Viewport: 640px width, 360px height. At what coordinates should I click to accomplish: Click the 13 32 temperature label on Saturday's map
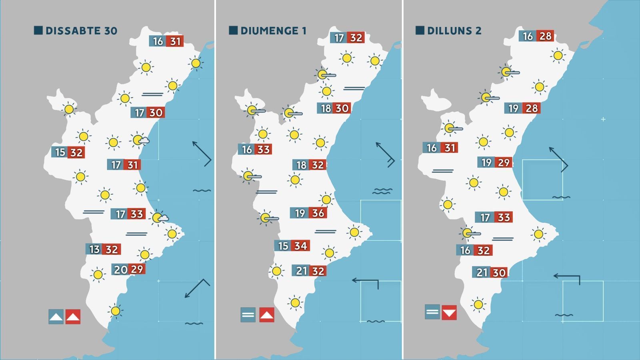pyautogui.click(x=103, y=249)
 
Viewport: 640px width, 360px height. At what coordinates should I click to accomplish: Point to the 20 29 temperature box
pyautogui.click(x=128, y=269)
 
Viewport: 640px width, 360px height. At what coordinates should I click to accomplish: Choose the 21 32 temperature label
pyautogui.click(x=309, y=271)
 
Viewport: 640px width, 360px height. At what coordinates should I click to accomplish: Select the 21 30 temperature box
pyautogui.click(x=490, y=272)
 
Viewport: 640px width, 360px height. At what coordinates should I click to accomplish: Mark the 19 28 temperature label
pyautogui.click(x=523, y=108)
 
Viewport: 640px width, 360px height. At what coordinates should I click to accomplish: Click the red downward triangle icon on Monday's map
pyautogui.click(x=449, y=312)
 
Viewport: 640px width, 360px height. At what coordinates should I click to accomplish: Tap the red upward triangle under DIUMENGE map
pyautogui.click(x=267, y=315)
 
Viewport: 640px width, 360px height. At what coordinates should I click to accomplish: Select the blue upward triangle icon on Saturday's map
pyautogui.click(x=56, y=317)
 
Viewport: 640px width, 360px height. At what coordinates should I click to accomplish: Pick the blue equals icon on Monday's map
pyautogui.click(x=432, y=312)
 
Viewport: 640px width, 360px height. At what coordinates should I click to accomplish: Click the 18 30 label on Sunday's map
pyautogui.click(x=334, y=108)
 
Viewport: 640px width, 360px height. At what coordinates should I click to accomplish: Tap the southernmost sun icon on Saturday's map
pyautogui.click(x=115, y=311)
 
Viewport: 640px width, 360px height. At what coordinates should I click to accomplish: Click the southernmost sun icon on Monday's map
pyautogui.click(x=478, y=305)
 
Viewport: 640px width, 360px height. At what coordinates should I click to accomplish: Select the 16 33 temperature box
pyautogui.click(x=255, y=149)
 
